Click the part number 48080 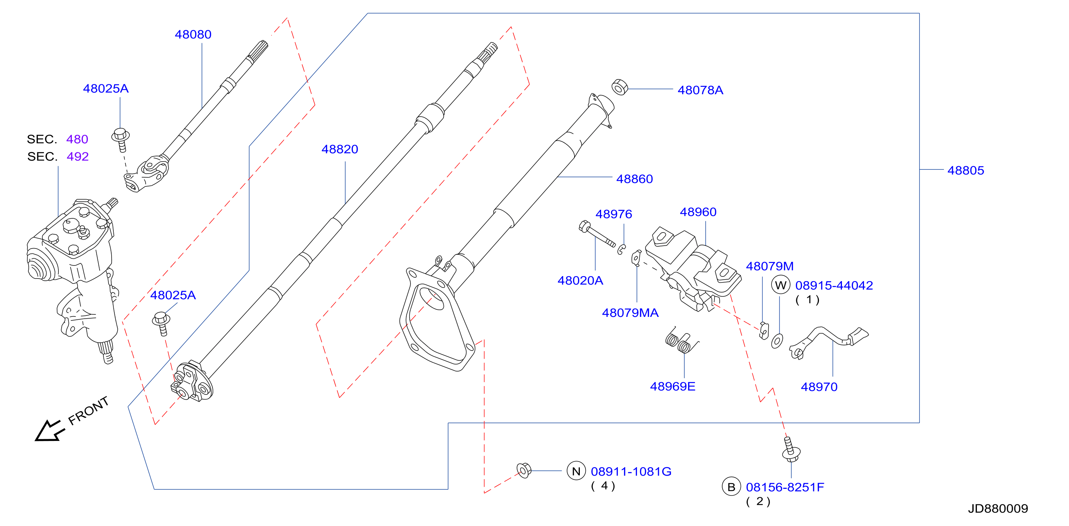click(x=193, y=34)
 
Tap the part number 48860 click(x=634, y=179)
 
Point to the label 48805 click(x=966, y=170)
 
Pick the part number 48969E click(x=672, y=386)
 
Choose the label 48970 click(x=819, y=387)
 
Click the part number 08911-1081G click(x=631, y=472)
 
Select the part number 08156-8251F click(x=785, y=487)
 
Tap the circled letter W click(x=781, y=285)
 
